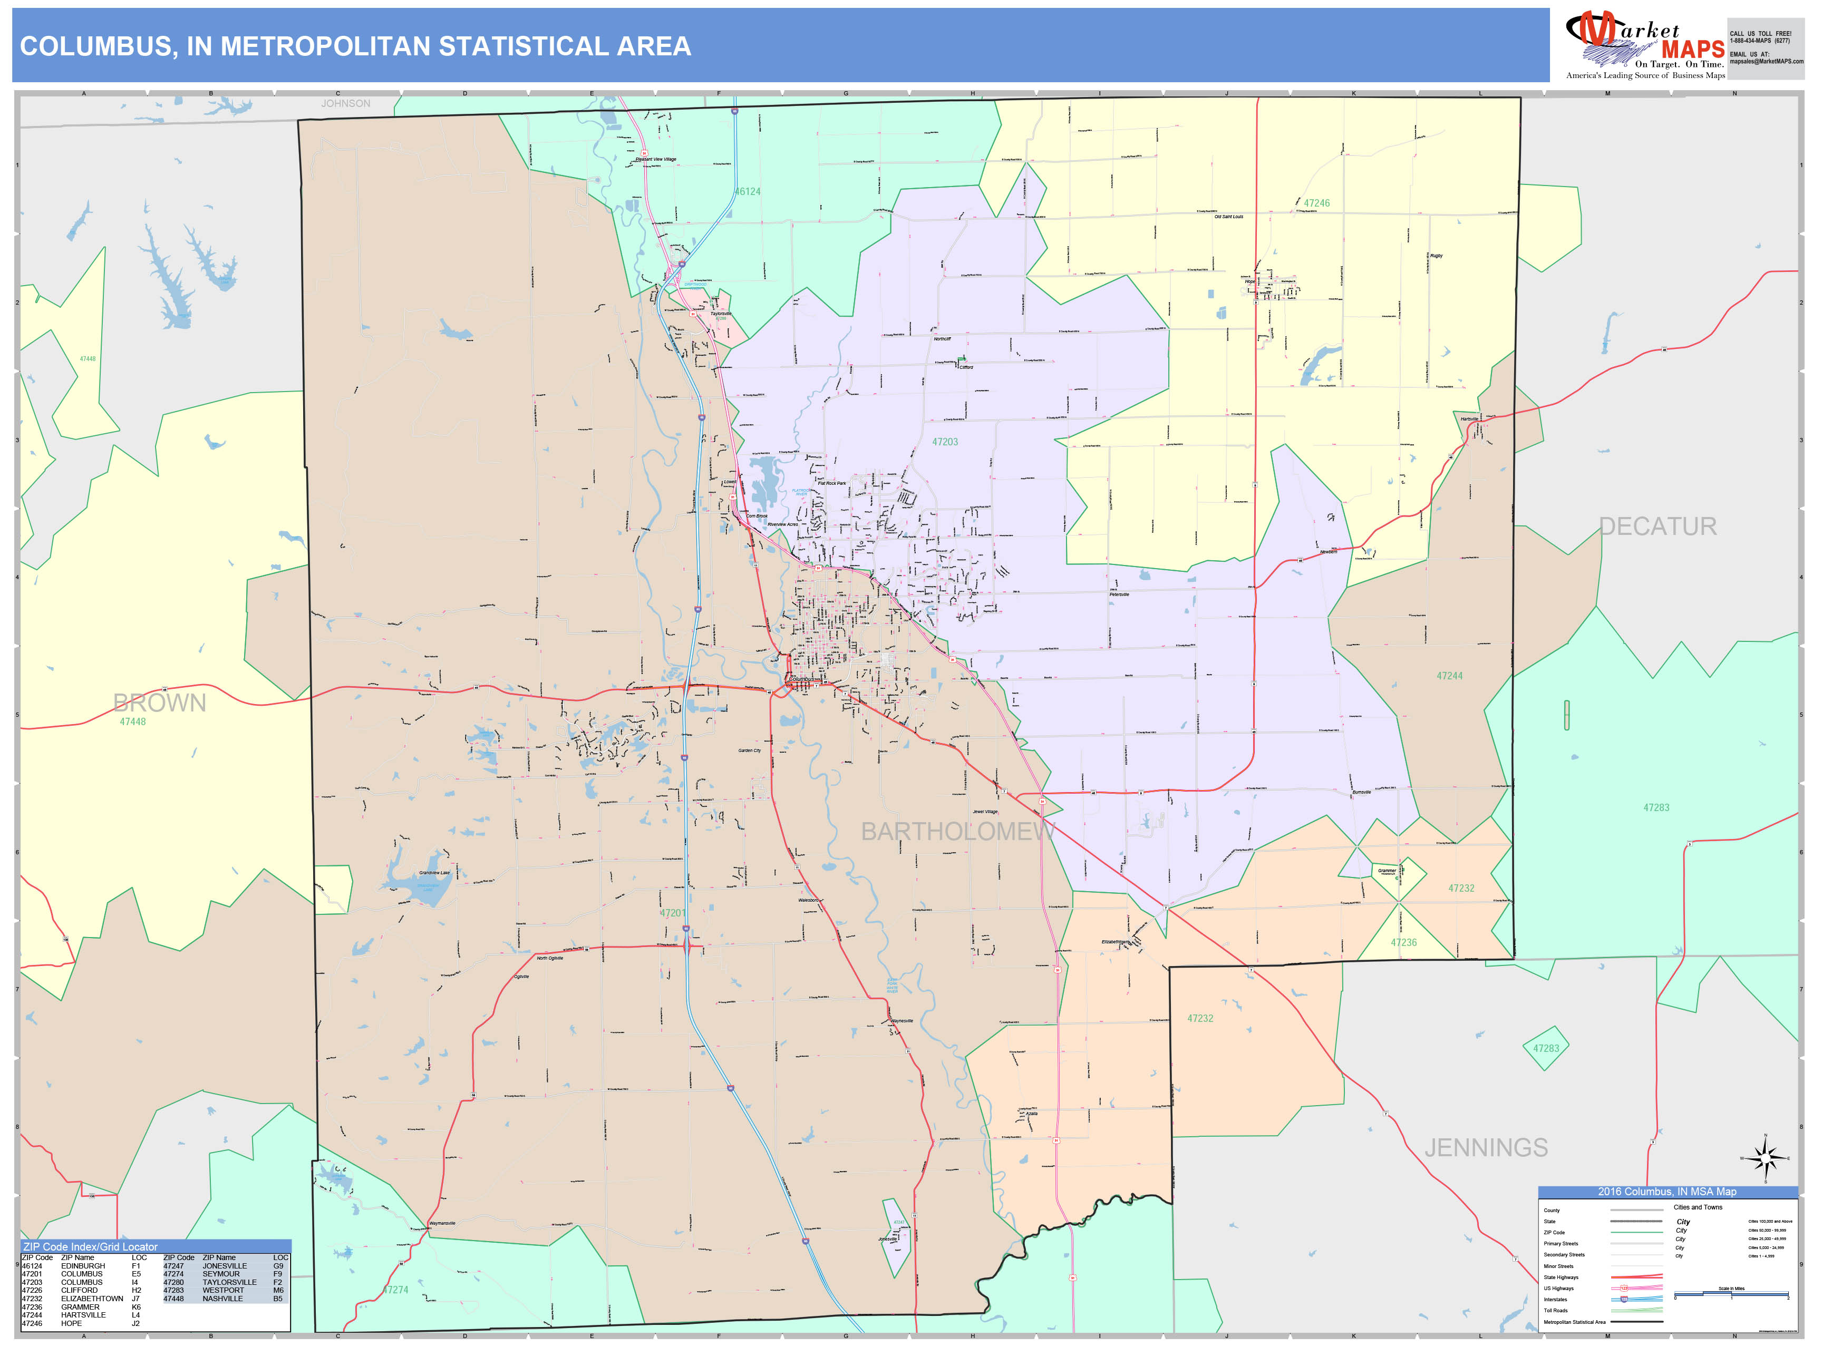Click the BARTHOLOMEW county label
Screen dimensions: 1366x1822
click(x=957, y=832)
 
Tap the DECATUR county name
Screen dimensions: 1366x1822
click(x=1658, y=527)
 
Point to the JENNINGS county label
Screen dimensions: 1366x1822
click(x=1486, y=1148)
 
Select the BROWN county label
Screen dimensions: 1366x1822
click(x=159, y=702)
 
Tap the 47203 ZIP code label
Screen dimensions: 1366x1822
click(x=945, y=442)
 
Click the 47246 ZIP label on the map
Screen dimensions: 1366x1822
click(x=1316, y=203)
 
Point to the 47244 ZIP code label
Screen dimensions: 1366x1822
click(x=1450, y=676)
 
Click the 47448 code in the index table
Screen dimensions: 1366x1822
click(x=173, y=1299)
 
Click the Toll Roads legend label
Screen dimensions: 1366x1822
click(x=1555, y=1310)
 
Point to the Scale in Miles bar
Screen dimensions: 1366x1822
click(x=1731, y=1296)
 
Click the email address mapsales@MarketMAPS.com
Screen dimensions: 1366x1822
click(x=1766, y=62)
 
